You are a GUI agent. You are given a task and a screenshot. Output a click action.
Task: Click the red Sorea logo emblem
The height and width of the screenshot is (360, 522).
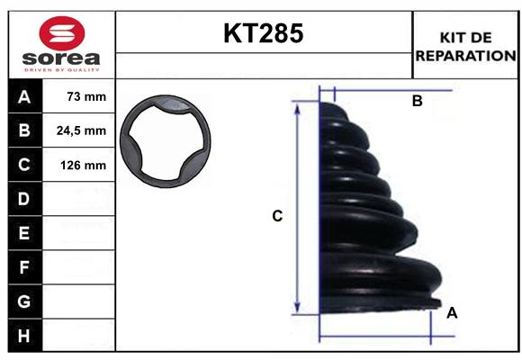(x=62, y=33)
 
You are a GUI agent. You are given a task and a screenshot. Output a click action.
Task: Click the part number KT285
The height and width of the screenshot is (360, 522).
(x=264, y=33)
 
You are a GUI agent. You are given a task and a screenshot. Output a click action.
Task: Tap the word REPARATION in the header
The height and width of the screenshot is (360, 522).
(x=466, y=56)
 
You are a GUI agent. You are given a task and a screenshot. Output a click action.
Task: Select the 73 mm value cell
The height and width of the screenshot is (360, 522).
(x=78, y=96)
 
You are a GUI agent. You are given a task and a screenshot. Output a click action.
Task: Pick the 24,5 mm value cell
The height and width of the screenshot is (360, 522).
(x=78, y=130)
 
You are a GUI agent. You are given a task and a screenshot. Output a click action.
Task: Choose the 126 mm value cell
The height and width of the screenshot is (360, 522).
(x=78, y=165)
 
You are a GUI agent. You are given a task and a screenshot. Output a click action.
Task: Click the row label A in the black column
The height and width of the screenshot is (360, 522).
(x=24, y=96)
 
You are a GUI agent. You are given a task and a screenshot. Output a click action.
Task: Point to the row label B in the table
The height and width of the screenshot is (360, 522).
(x=24, y=130)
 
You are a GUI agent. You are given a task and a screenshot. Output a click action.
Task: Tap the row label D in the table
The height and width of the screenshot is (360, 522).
(x=24, y=199)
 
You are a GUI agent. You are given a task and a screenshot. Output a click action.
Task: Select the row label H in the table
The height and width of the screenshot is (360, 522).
(x=24, y=336)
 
